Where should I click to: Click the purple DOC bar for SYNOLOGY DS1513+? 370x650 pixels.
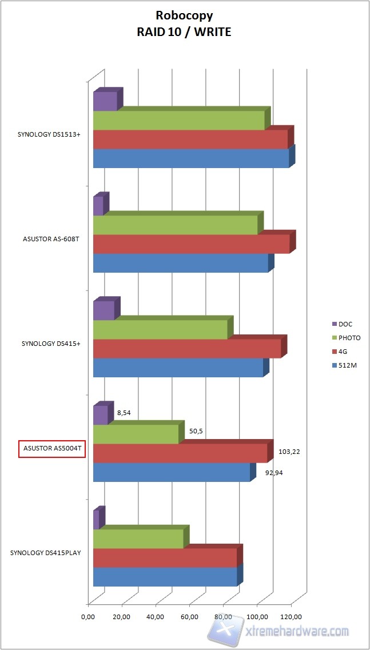coord(105,101)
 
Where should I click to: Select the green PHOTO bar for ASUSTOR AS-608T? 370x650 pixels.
coord(175,225)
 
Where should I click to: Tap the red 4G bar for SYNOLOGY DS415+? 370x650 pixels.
coord(187,349)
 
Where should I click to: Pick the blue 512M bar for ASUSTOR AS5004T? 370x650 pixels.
coord(172,472)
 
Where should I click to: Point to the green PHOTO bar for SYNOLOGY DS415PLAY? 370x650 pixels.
coord(138,539)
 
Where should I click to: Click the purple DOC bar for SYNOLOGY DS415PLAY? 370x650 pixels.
coord(96,520)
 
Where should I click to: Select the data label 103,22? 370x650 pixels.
coord(289,452)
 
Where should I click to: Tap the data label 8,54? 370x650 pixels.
coord(124,412)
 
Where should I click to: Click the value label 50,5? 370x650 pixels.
coord(196,431)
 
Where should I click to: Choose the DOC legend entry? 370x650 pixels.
coord(345,324)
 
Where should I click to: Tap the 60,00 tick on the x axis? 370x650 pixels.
coord(189,617)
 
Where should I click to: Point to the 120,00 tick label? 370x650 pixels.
coord(291,617)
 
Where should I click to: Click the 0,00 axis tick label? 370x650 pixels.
coord(88,617)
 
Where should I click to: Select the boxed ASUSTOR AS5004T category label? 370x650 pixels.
coord(52,450)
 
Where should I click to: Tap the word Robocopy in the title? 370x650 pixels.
coord(184,18)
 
